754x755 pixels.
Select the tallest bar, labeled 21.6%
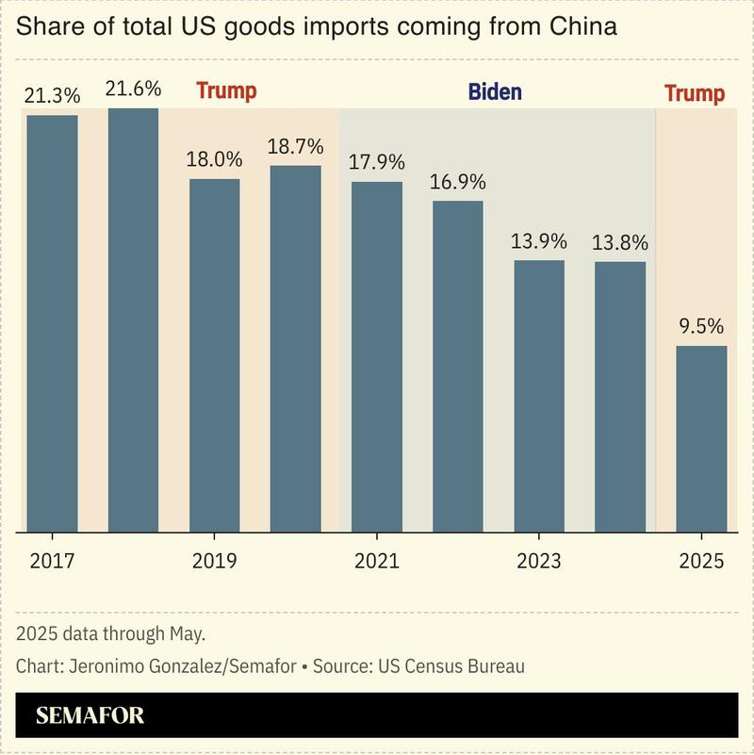coord(133,320)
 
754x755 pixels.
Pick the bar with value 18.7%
coord(296,349)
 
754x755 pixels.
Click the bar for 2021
coord(377,356)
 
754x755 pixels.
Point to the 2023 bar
coord(539,396)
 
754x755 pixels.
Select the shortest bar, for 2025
coord(701,438)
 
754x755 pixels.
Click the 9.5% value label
coord(701,326)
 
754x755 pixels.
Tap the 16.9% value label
coord(458,181)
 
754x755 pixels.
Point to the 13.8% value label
coord(620,241)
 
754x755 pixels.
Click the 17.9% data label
coord(377,162)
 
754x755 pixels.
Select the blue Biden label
coord(495,92)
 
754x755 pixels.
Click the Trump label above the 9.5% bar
coord(695,93)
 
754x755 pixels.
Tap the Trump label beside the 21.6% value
coord(226,91)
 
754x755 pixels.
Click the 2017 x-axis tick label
coord(53,561)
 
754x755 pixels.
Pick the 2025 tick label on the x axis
coord(701,561)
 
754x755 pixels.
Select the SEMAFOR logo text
coord(90,715)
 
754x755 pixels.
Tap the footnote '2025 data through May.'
coord(110,632)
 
